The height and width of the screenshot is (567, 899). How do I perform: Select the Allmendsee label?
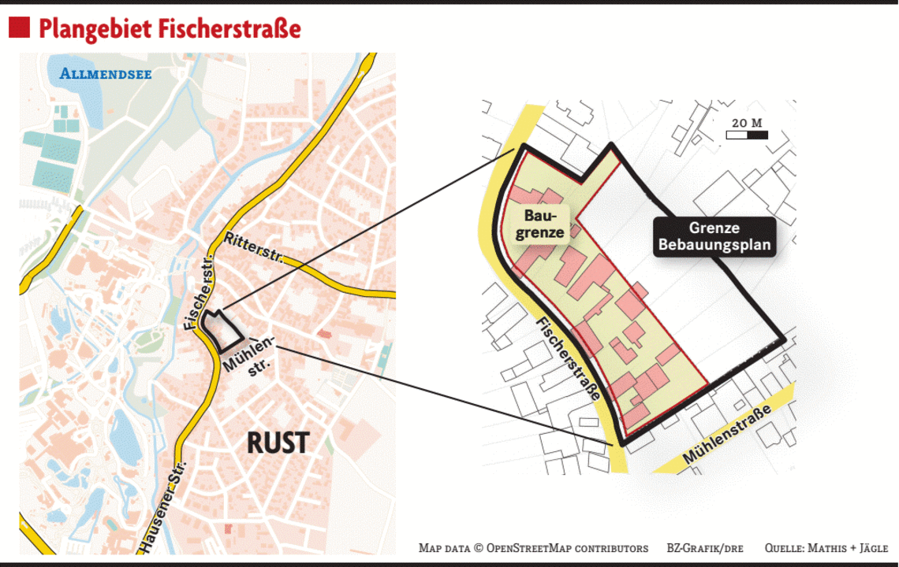(106, 75)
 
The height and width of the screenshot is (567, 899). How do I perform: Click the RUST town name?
(277, 443)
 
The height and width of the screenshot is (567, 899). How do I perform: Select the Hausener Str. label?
(161, 505)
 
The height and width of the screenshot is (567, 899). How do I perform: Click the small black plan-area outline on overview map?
(218, 330)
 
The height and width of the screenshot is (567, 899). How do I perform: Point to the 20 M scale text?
(746, 123)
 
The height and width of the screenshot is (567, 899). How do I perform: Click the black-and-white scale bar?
(746, 135)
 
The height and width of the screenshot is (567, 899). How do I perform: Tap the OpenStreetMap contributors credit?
(534, 548)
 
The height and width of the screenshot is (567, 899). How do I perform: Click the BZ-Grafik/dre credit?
(705, 548)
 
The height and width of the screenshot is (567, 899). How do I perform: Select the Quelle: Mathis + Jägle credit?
(826, 548)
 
